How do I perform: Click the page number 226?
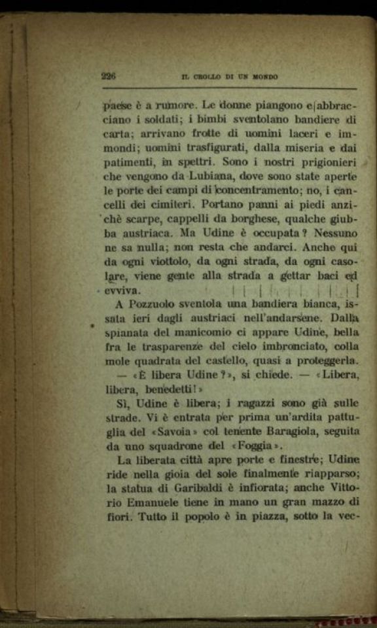[x=109, y=76]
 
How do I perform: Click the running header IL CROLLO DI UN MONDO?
[x=229, y=77]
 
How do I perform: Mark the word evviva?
[x=122, y=289]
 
